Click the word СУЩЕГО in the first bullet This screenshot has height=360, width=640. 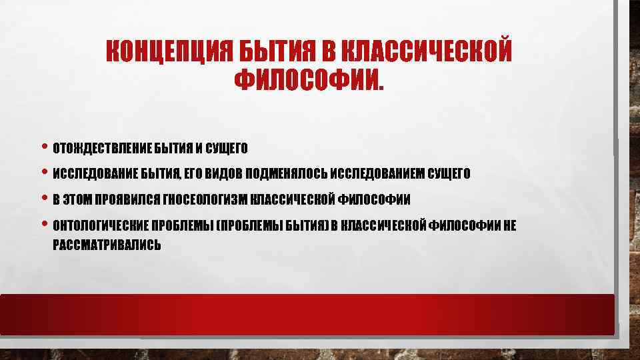tap(227, 147)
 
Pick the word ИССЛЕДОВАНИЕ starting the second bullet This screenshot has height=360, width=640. tap(95, 174)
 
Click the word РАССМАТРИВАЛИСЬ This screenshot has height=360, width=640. tap(107, 245)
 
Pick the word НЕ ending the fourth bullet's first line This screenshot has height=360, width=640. tap(509, 225)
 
